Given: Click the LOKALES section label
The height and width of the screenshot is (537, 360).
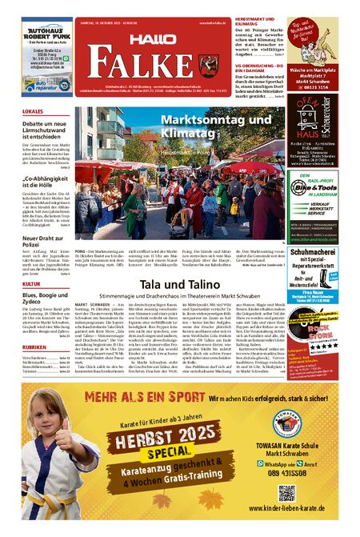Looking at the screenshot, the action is [33, 111].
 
